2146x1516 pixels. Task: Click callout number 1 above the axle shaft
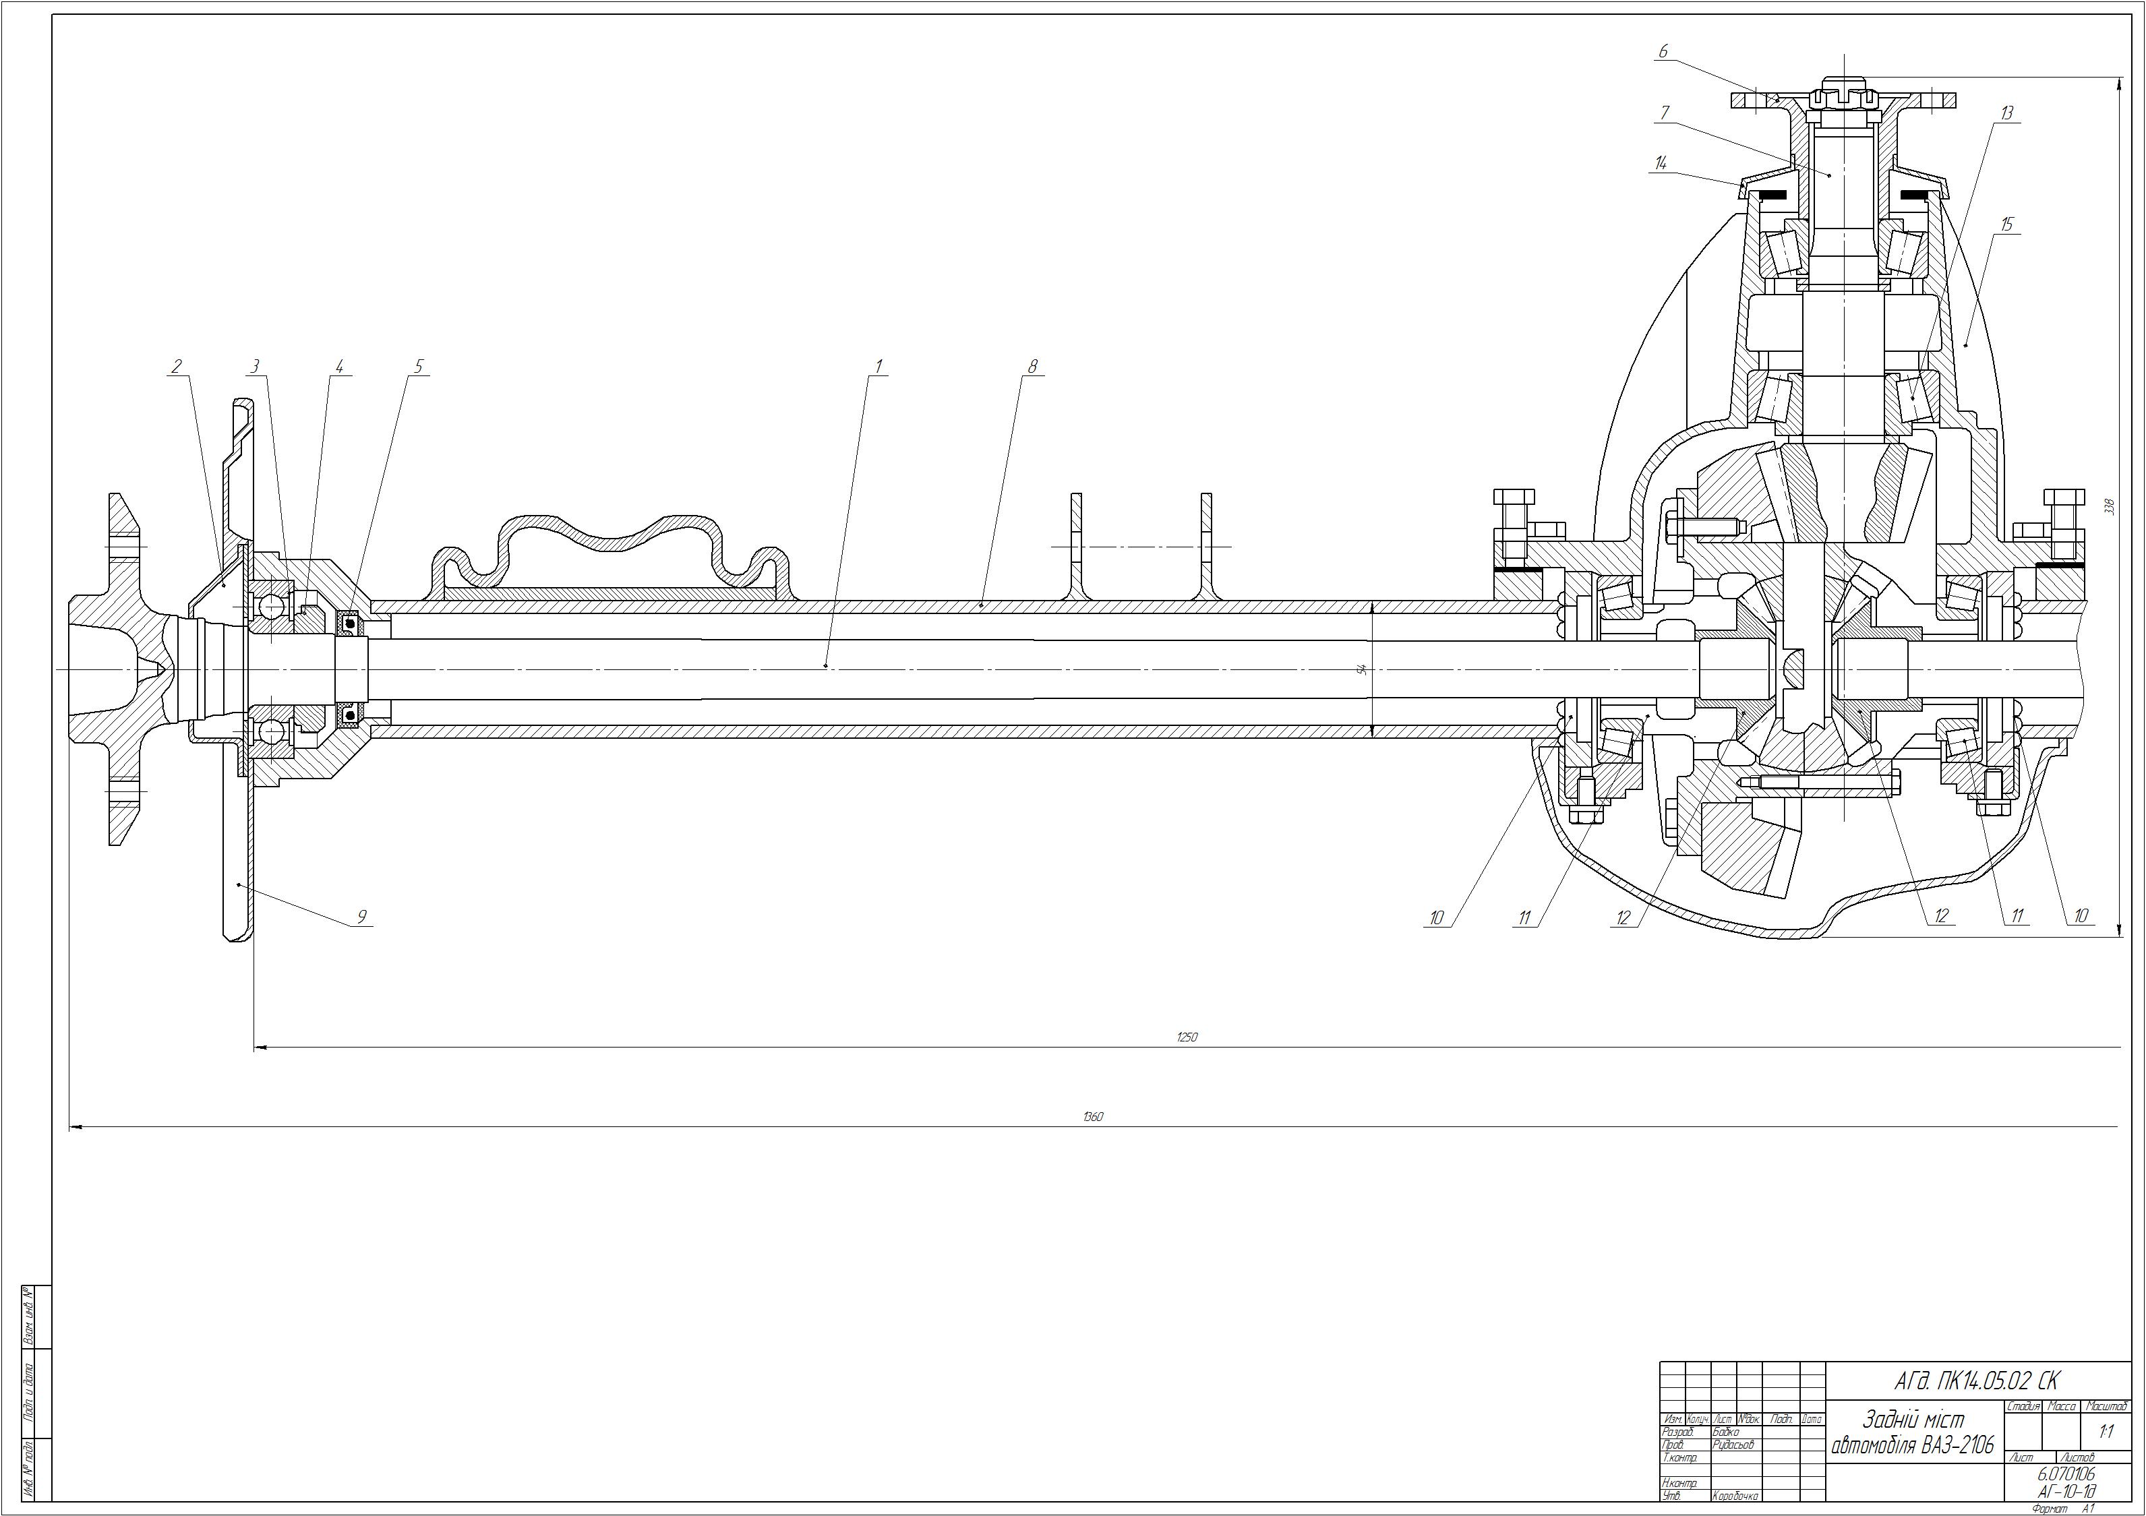click(x=878, y=367)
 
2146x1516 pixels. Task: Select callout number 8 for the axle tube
click(x=1033, y=367)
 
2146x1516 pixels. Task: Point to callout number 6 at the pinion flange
click(x=1663, y=53)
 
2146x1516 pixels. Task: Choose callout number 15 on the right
click(x=2006, y=224)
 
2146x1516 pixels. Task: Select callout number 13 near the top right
click(x=2006, y=113)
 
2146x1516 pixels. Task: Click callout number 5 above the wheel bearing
click(x=419, y=367)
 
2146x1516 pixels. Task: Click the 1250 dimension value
click(x=1187, y=1037)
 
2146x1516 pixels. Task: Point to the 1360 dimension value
click(x=1093, y=1117)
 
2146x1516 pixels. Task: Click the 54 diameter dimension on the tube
click(x=1363, y=669)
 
